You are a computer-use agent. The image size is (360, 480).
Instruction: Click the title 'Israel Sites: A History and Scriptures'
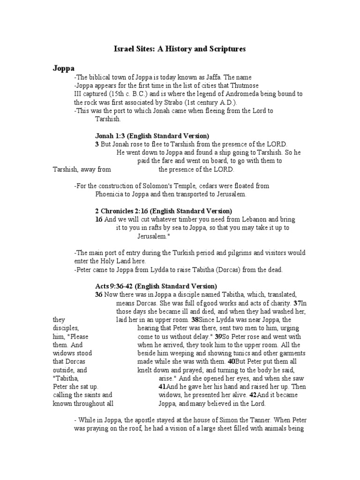180,48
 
